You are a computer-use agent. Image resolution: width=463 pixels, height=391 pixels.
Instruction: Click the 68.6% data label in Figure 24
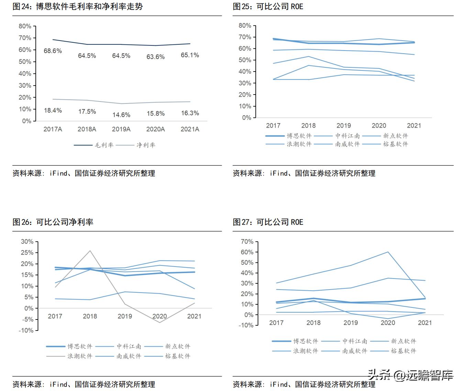point(53,51)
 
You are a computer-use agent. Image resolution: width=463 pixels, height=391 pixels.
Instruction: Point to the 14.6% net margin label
point(121,115)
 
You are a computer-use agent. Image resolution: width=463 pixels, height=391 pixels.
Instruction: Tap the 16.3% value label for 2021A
point(190,113)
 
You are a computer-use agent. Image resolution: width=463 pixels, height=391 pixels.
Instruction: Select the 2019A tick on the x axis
point(121,129)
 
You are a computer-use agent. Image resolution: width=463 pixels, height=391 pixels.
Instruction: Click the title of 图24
point(78,7)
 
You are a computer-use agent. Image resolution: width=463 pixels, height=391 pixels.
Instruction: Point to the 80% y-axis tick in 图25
point(245,25)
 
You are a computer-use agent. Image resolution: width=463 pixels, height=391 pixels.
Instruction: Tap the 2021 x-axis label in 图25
point(414,126)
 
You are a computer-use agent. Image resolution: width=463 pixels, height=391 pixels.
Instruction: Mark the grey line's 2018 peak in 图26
point(90,251)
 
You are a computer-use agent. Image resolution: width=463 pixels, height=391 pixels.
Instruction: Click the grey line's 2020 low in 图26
point(159,322)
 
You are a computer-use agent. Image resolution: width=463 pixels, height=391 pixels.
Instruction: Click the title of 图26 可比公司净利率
point(53,222)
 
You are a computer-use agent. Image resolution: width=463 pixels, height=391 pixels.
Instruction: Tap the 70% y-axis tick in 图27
point(247,242)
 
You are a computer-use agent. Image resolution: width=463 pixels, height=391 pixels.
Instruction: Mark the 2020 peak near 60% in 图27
point(388,252)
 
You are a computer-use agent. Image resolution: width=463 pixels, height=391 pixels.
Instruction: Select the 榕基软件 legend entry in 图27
point(403,351)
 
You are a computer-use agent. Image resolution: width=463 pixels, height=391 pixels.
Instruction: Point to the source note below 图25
point(304,173)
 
